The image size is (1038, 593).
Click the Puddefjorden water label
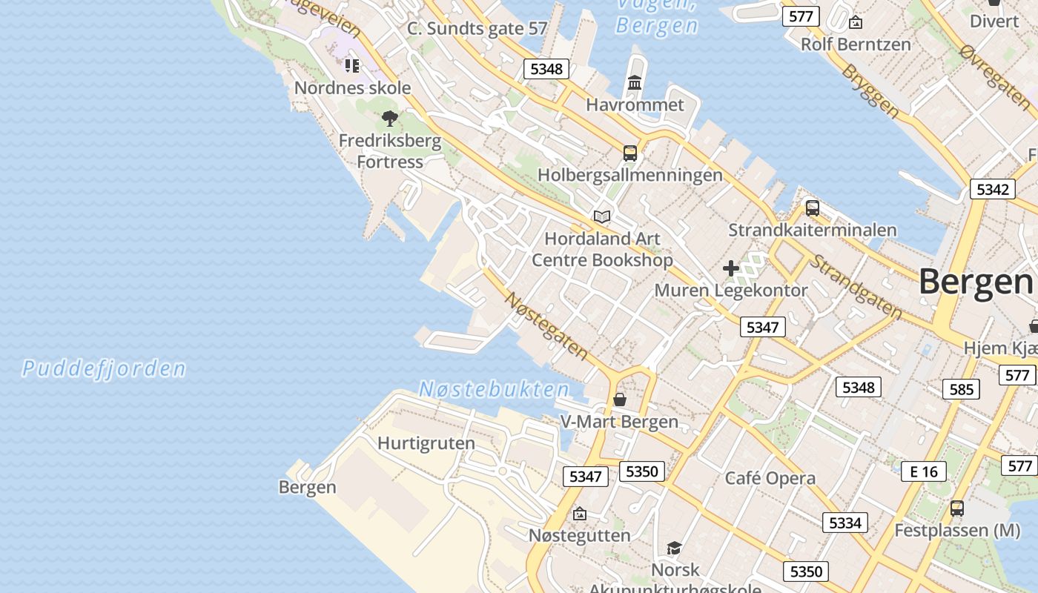104,368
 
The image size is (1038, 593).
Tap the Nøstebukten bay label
494,389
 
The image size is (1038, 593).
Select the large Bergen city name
976,282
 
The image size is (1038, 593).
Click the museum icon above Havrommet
635,83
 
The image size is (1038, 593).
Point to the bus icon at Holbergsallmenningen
630,153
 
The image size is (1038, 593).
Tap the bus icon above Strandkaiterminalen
813,208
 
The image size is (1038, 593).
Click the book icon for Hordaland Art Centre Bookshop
602,216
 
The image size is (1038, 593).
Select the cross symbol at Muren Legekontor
731,268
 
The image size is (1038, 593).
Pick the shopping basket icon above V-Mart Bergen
620,400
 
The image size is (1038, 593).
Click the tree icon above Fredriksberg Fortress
390,119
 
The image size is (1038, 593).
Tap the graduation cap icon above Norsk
674,548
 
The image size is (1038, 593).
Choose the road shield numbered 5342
992,189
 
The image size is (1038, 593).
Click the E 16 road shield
924,471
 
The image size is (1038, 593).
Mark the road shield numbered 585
961,389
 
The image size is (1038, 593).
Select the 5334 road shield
844,523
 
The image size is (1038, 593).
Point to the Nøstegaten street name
546,326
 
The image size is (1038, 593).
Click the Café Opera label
770,478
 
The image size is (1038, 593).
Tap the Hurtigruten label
426,443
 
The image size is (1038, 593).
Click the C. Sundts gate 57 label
477,29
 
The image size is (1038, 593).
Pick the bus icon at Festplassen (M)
957,508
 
